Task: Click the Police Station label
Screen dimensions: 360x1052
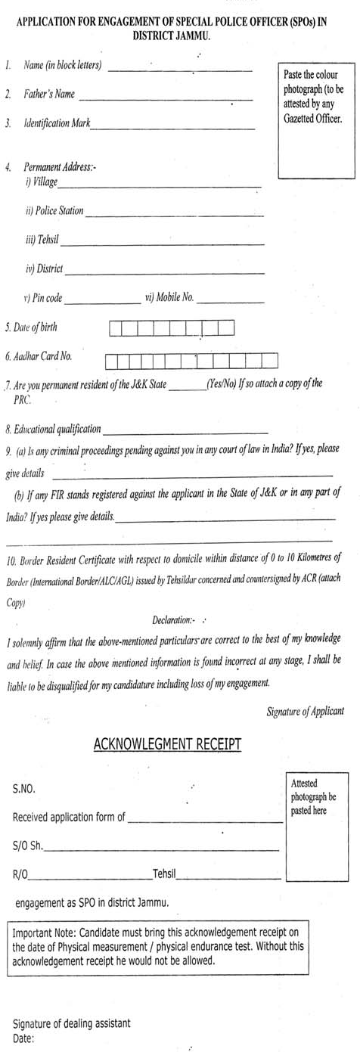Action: coord(54,211)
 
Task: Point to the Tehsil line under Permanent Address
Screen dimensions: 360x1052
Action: coord(162,244)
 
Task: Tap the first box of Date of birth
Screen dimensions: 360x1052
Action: coord(116,328)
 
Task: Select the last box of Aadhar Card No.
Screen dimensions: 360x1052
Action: coord(269,360)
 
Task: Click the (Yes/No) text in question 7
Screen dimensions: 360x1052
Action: coord(221,383)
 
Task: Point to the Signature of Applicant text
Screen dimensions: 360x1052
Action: coord(306,711)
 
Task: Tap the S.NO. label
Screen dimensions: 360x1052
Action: coord(23,789)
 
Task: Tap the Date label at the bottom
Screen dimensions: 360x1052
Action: coord(23,1038)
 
